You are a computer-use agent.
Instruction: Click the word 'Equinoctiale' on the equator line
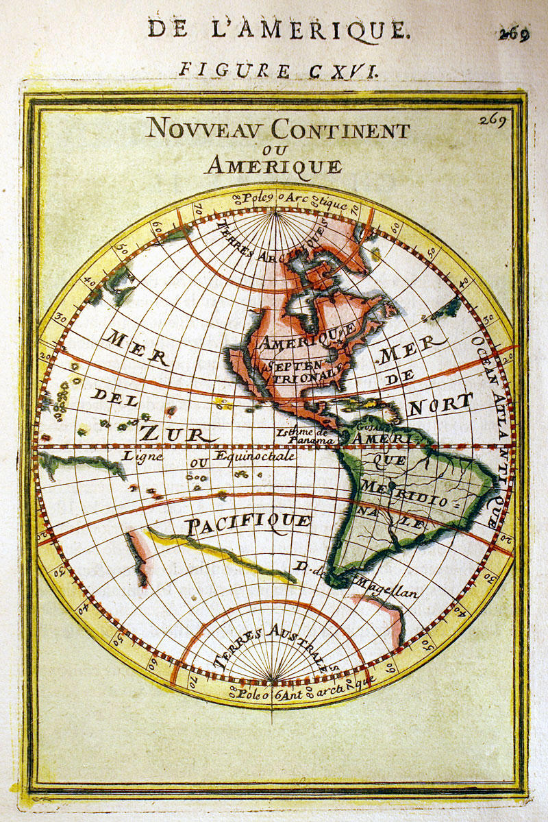click(255, 456)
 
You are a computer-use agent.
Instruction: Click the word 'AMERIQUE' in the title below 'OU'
click(273, 165)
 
